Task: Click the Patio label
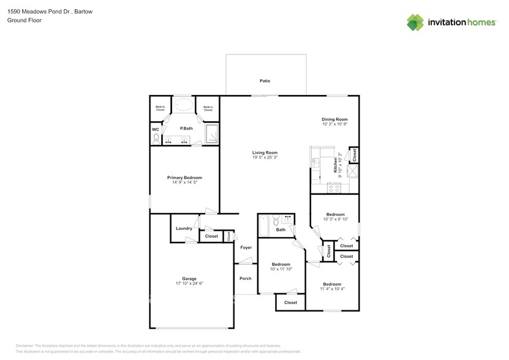pyautogui.click(x=265, y=81)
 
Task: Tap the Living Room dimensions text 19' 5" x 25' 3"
pyautogui.click(x=265, y=157)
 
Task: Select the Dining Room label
pyautogui.click(x=334, y=119)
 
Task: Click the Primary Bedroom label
pyautogui.click(x=184, y=177)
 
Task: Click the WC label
pyautogui.click(x=155, y=129)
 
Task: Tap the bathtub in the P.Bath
pyautogui.click(x=183, y=105)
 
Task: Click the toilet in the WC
pyautogui.click(x=156, y=140)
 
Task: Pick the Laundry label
pyautogui.click(x=184, y=228)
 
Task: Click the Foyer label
pyautogui.click(x=246, y=247)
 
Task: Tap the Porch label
pyautogui.click(x=245, y=279)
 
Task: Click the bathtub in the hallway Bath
pyautogui.click(x=264, y=227)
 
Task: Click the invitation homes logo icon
pyautogui.click(x=416, y=22)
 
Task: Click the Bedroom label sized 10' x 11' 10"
pyautogui.click(x=281, y=264)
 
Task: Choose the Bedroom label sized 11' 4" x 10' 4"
pyautogui.click(x=332, y=284)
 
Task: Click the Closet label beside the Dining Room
pyautogui.click(x=353, y=155)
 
